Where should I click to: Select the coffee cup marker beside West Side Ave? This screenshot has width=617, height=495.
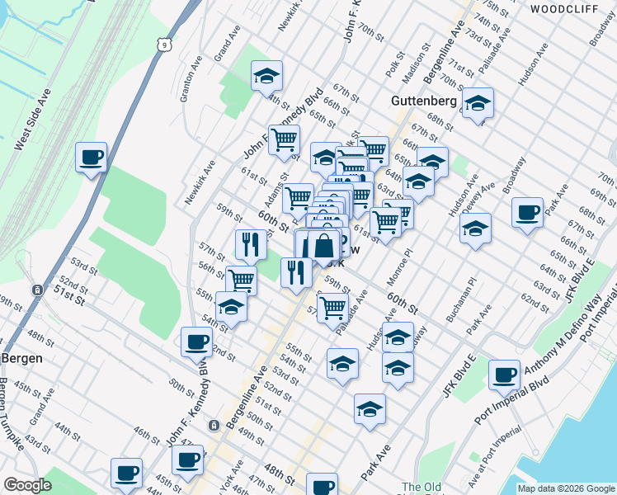92,157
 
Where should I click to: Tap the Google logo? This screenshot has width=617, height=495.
27,485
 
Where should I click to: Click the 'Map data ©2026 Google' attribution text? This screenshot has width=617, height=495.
565,488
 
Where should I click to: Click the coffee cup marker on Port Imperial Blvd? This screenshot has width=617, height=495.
504,375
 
